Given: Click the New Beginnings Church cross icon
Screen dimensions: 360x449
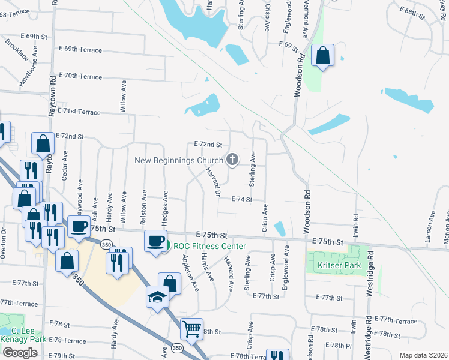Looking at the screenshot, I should [x=232, y=160].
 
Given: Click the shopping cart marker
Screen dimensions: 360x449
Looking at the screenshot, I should [x=191, y=328].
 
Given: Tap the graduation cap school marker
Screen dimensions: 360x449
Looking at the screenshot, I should [x=157, y=297].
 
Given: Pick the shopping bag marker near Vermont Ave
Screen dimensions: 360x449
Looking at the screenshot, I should [x=323, y=55].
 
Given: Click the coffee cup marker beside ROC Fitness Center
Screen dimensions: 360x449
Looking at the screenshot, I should [x=155, y=241].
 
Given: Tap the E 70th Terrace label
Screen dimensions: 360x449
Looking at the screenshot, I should [x=82, y=76].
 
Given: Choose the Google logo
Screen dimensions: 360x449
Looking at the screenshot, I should [x=20, y=353].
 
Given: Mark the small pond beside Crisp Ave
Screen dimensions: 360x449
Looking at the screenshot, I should [x=279, y=229].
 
